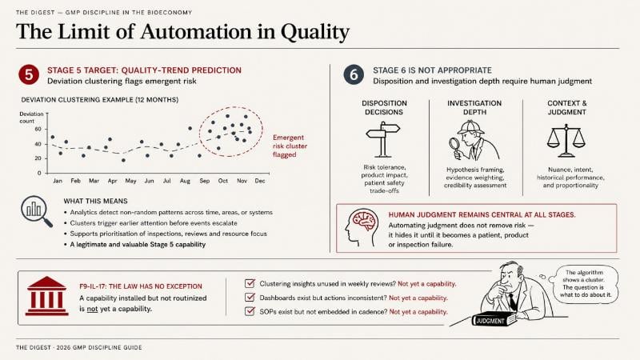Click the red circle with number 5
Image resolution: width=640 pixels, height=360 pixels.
point(29,74)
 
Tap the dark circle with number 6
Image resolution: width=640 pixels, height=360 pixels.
point(354,74)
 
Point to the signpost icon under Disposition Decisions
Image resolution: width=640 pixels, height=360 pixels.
point(383,139)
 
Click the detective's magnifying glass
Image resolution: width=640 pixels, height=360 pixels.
point(454,144)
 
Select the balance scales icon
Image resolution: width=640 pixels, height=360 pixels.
point(566,141)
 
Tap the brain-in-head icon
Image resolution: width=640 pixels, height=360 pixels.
point(361,228)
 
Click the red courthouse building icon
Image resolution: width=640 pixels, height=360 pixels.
point(46,296)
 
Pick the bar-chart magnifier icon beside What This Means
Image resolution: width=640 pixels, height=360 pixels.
point(36,211)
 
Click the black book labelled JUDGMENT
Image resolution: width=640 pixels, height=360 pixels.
point(494,319)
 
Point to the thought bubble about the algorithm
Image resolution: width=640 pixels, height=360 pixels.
point(585,284)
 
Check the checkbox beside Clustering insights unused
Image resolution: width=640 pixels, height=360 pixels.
point(250,283)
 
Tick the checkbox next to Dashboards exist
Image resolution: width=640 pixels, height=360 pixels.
point(250,297)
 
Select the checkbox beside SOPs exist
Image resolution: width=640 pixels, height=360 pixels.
point(250,311)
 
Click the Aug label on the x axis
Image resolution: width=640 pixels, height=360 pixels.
point(185,181)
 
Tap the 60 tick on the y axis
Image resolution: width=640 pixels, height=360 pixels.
point(38,129)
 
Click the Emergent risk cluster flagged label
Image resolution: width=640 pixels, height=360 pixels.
point(290,146)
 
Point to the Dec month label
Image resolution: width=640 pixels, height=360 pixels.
point(260,181)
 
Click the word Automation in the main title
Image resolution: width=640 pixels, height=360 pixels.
point(196,31)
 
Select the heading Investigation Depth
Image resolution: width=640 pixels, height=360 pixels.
point(474,107)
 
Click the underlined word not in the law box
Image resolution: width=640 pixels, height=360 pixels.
point(93,309)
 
